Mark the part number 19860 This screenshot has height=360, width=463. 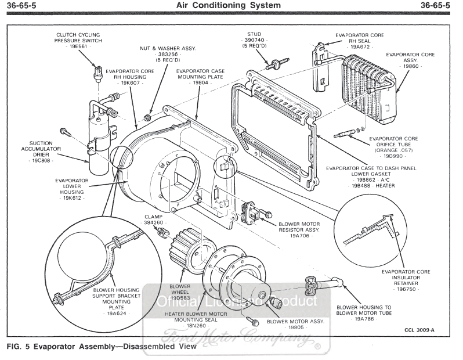pyautogui.click(x=411, y=67)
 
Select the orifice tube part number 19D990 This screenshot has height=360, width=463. pyautogui.click(x=393, y=156)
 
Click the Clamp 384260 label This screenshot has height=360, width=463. pyautogui.click(x=153, y=219)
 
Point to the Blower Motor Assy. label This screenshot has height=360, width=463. pyautogui.click(x=295, y=321)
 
